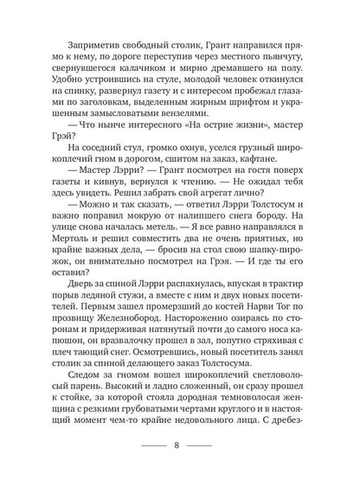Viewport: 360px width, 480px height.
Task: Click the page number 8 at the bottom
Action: click(180, 447)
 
